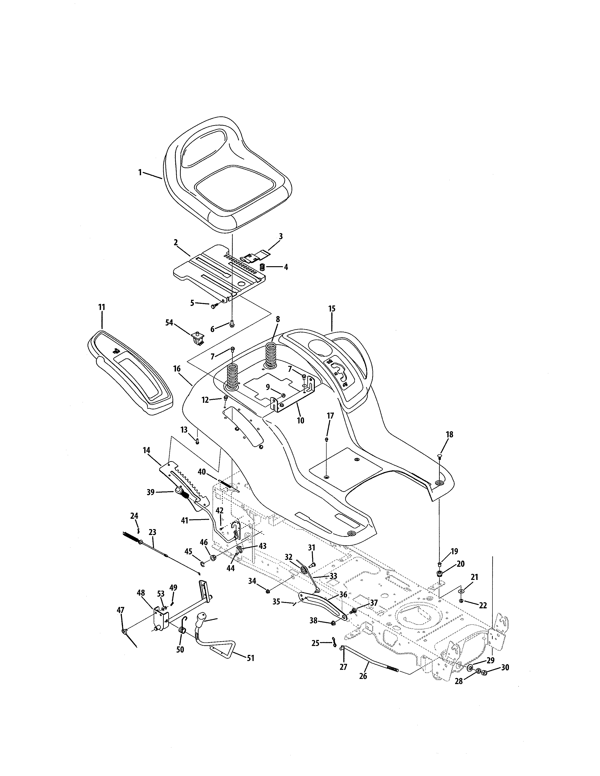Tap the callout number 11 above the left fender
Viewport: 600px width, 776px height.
102,307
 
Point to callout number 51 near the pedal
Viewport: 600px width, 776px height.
250,658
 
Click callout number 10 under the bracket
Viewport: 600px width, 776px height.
300,420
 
